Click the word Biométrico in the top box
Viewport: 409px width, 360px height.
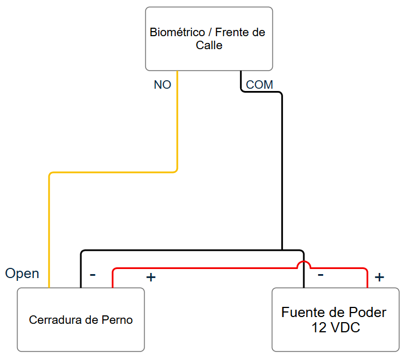(177, 32)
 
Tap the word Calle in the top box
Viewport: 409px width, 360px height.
(209, 45)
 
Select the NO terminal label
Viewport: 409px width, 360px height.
(162, 85)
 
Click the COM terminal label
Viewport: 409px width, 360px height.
(259, 85)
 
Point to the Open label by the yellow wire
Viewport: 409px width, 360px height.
(22, 274)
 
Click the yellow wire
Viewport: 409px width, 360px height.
(113, 172)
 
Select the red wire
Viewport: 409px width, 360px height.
(240, 268)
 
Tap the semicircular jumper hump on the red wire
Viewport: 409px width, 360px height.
(304, 263)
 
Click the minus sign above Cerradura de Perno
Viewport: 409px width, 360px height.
(93, 275)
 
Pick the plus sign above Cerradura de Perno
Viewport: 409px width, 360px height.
(151, 277)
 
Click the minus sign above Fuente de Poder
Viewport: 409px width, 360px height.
(320, 275)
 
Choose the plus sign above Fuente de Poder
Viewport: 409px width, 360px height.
(379, 277)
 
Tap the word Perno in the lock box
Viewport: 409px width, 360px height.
(117, 320)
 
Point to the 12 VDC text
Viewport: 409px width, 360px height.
(336, 327)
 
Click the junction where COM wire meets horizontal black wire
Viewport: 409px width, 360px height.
(282, 250)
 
